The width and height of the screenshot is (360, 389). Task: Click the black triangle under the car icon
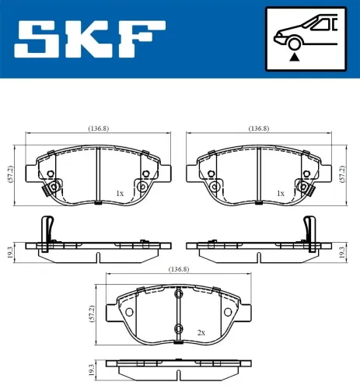tap(294, 57)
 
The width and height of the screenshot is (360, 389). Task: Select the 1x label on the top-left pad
tap(119, 192)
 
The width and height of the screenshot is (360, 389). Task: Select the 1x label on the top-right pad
tap(279, 192)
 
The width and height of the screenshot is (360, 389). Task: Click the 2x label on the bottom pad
tap(201, 332)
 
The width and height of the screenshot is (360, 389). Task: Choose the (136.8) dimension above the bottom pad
tap(179, 268)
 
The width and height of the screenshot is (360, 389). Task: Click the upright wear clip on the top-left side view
tap(47, 230)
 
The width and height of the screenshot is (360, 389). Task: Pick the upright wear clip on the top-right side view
tap(310, 230)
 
